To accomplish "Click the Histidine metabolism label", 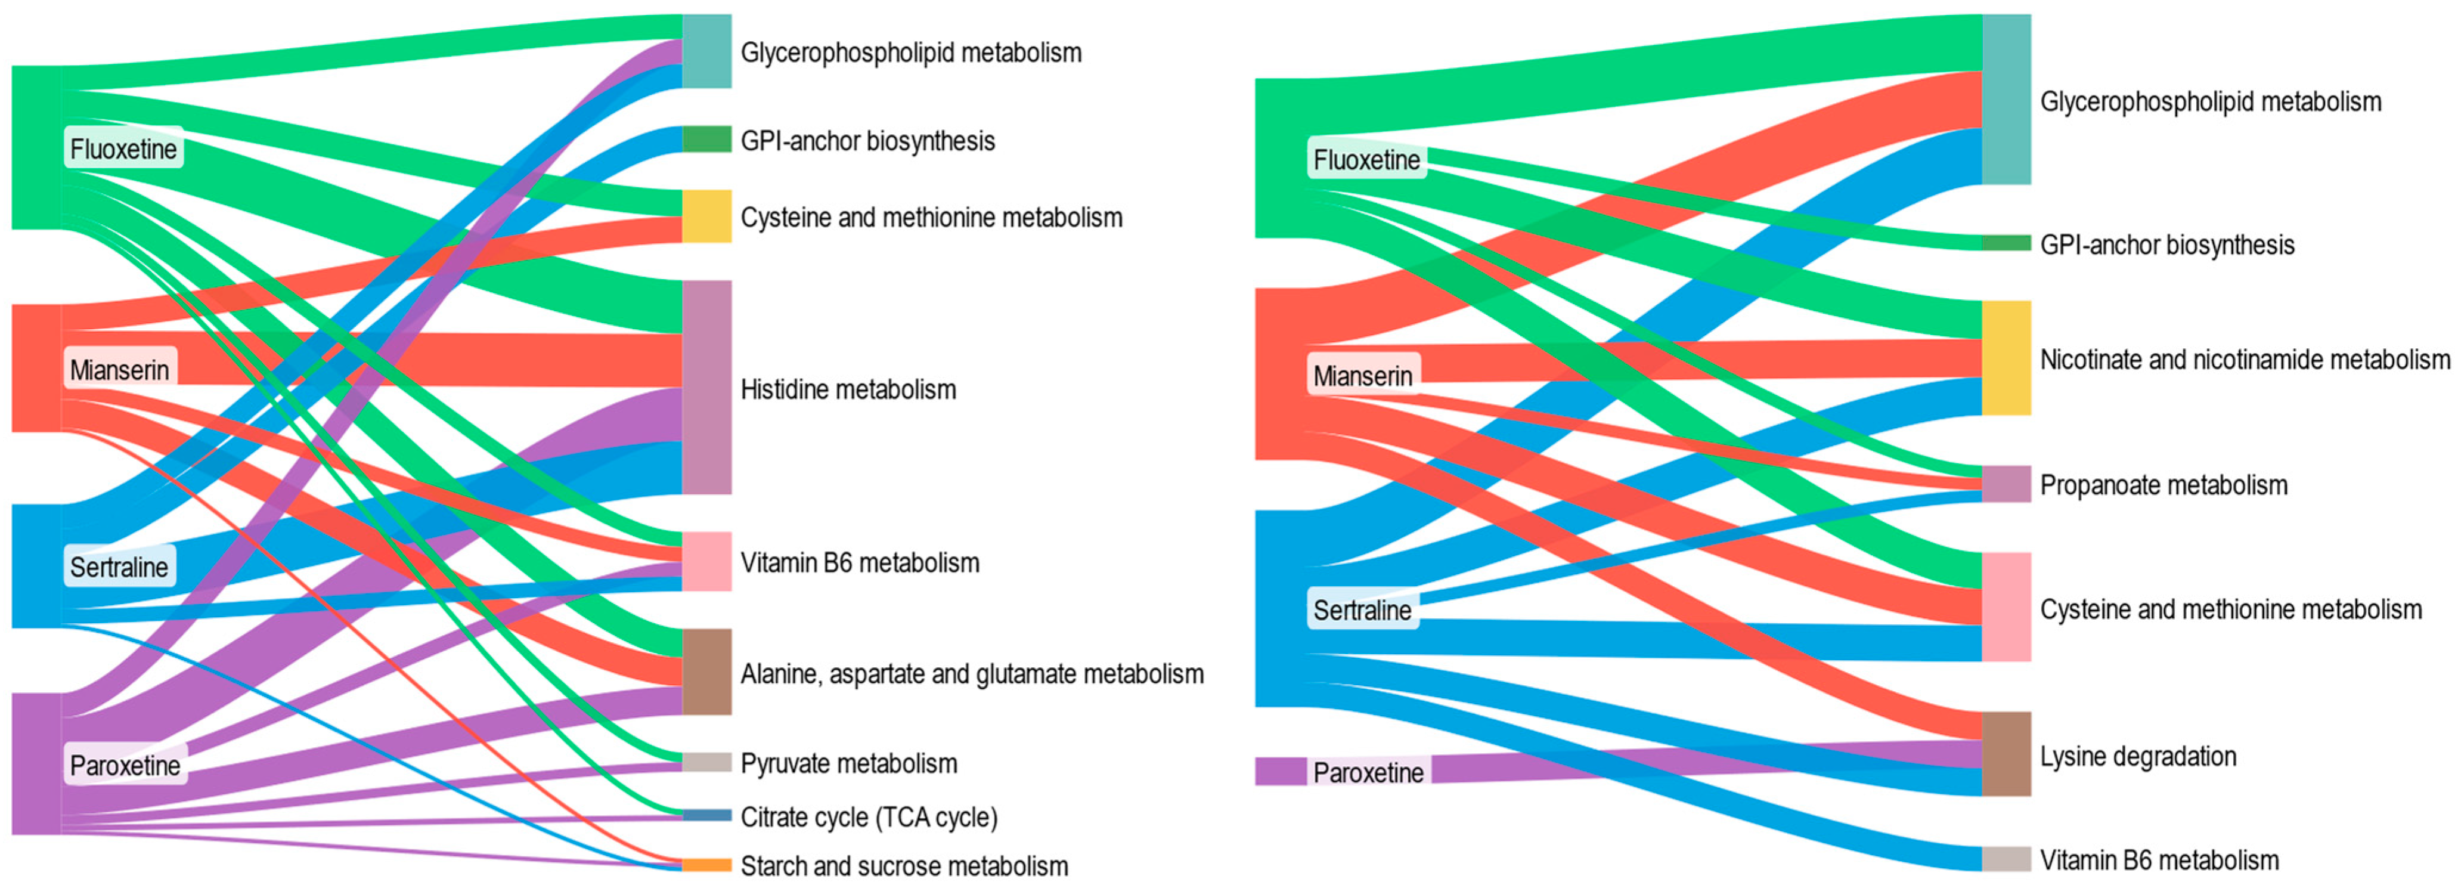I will pos(847,389).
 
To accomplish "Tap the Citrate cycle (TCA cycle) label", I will pos(868,817).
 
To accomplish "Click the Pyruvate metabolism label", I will pos(848,764).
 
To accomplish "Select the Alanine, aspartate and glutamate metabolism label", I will pos(971,674).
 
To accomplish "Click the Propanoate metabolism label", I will pos(2163,485).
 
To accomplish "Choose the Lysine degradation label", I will pos(2137,756).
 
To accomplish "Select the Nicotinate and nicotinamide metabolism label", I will pos(2244,360).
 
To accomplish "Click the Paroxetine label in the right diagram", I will pos(1368,772).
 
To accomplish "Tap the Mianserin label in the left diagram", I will pos(119,370).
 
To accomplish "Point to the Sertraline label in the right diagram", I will pos(1362,610).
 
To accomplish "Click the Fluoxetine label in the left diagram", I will pos(123,149).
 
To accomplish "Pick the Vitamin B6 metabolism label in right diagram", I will pos(2158,860).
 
